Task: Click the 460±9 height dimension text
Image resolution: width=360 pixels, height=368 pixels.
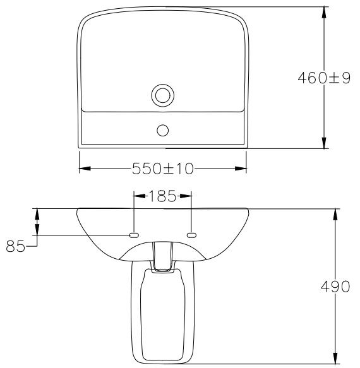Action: [323, 78]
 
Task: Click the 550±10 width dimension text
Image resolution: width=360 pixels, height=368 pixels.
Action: [162, 169]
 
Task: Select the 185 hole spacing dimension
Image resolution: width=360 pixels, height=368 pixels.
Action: [162, 196]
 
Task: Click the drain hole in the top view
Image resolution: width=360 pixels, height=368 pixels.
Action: [162, 96]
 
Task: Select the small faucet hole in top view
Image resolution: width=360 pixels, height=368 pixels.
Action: [162, 130]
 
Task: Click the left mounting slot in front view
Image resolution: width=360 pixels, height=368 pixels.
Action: [134, 235]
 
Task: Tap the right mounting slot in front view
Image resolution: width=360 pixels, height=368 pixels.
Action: [191, 235]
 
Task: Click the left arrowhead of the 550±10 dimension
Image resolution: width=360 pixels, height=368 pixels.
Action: [84, 169]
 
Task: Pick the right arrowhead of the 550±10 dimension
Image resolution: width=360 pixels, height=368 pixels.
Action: [241, 169]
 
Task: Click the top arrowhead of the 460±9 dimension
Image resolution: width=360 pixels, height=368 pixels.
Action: [323, 12]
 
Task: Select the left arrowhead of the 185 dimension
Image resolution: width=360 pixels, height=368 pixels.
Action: [139, 196]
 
